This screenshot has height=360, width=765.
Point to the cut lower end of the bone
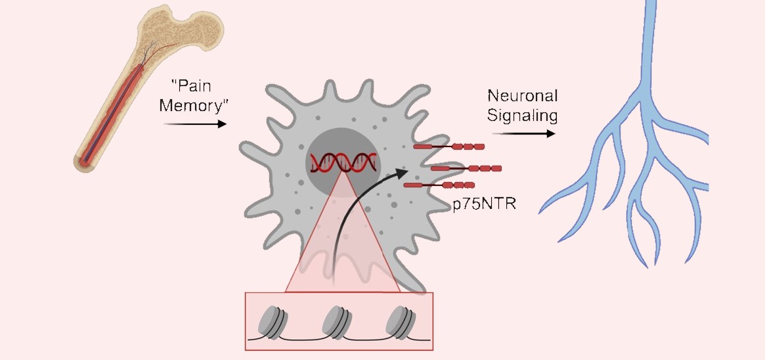[86, 160]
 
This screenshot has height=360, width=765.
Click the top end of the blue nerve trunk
[651, 5]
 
